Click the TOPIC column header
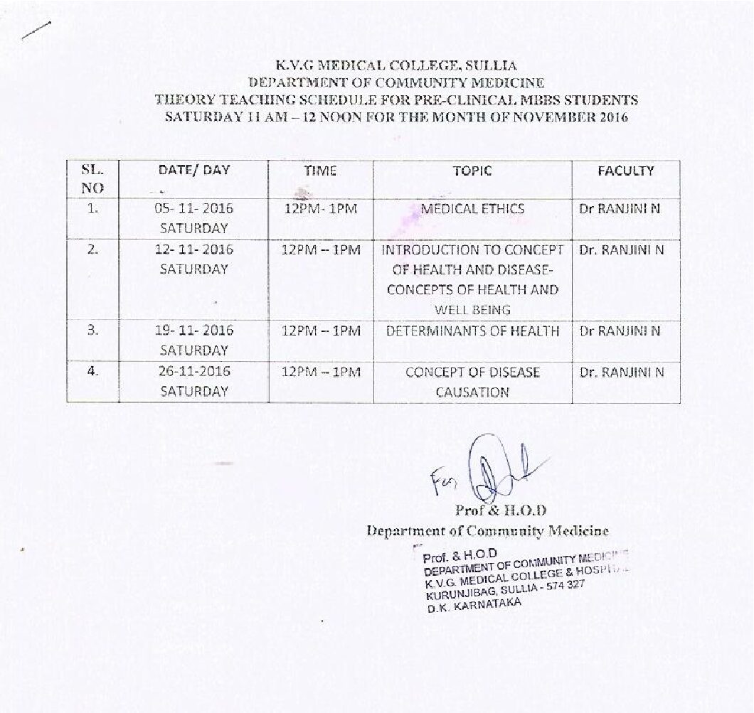472,171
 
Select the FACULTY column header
625,171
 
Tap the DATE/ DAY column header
194,171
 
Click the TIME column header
320,171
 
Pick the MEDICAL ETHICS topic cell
472,209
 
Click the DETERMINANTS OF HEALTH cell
472,331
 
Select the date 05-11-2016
193,209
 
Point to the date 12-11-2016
193,250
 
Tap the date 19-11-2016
193,331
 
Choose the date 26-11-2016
193,372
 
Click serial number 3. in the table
92,331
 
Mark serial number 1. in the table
92,209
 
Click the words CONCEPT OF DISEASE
472,372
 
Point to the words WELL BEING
472,310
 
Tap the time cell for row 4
321,372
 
